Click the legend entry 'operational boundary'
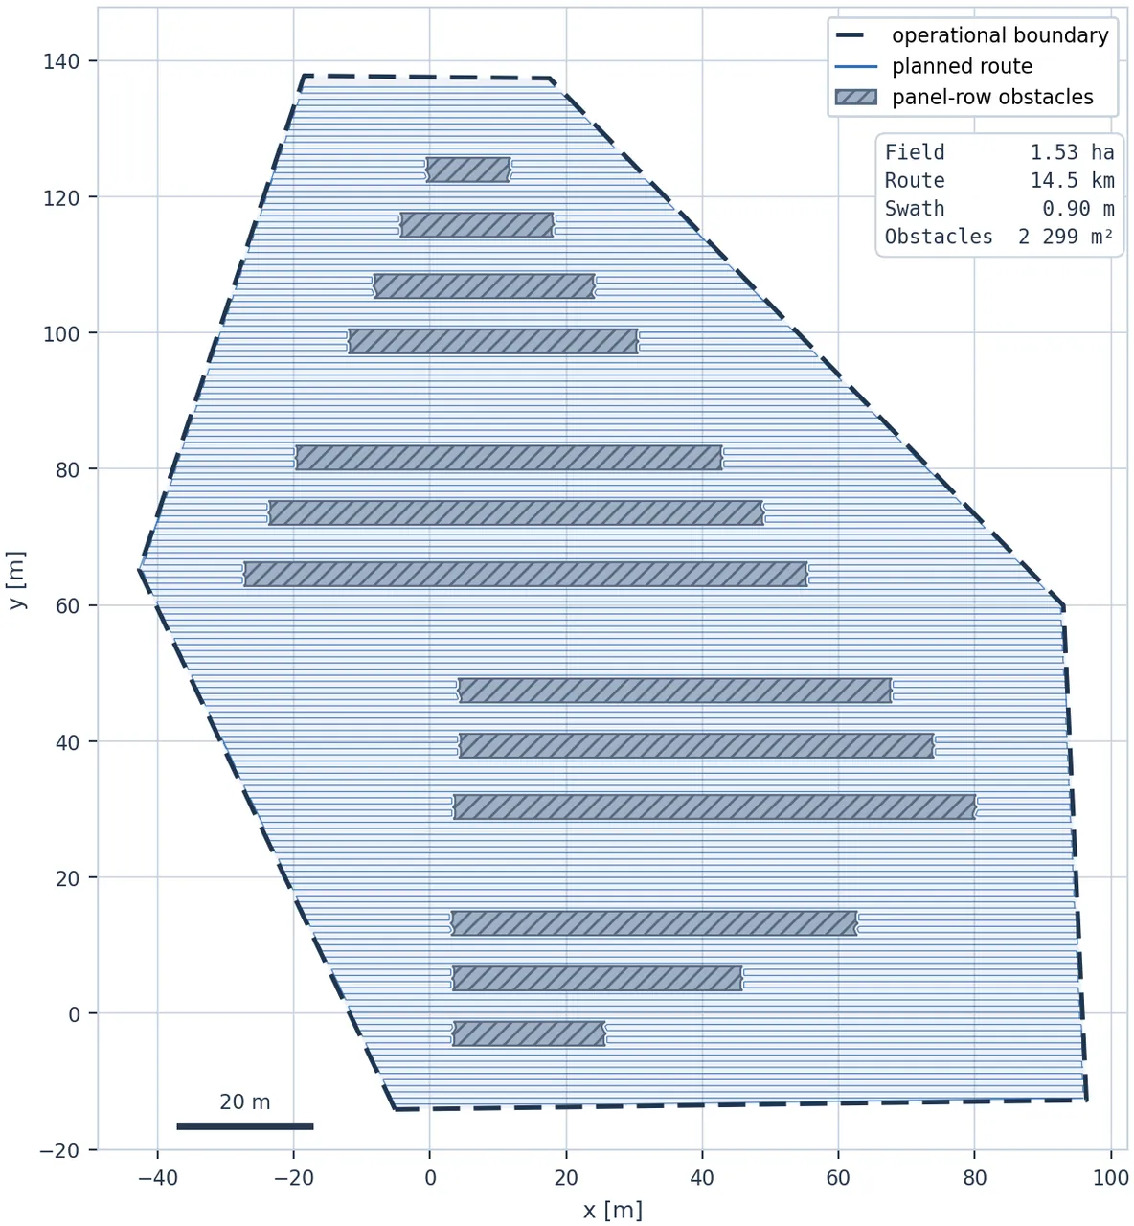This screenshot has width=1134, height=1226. coord(999,35)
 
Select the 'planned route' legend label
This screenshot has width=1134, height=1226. coord(962,66)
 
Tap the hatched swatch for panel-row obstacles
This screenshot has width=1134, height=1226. coord(855,97)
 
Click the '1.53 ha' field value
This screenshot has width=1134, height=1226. coord(1072,152)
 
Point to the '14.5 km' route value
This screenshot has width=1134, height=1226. coord(1072,180)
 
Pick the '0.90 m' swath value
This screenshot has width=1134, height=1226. coord(1077,209)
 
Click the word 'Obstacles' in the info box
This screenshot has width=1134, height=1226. coord(939,237)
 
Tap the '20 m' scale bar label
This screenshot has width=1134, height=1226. coord(244,1101)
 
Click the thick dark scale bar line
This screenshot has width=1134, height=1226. coord(245,1126)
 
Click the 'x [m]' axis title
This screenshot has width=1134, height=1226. coord(612,1210)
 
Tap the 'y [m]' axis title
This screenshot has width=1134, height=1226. coord(16,579)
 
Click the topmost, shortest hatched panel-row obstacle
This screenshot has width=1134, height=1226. coord(468,170)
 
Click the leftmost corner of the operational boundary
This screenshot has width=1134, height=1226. coord(139,569)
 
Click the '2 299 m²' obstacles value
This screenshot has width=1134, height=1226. coord(1065,237)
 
